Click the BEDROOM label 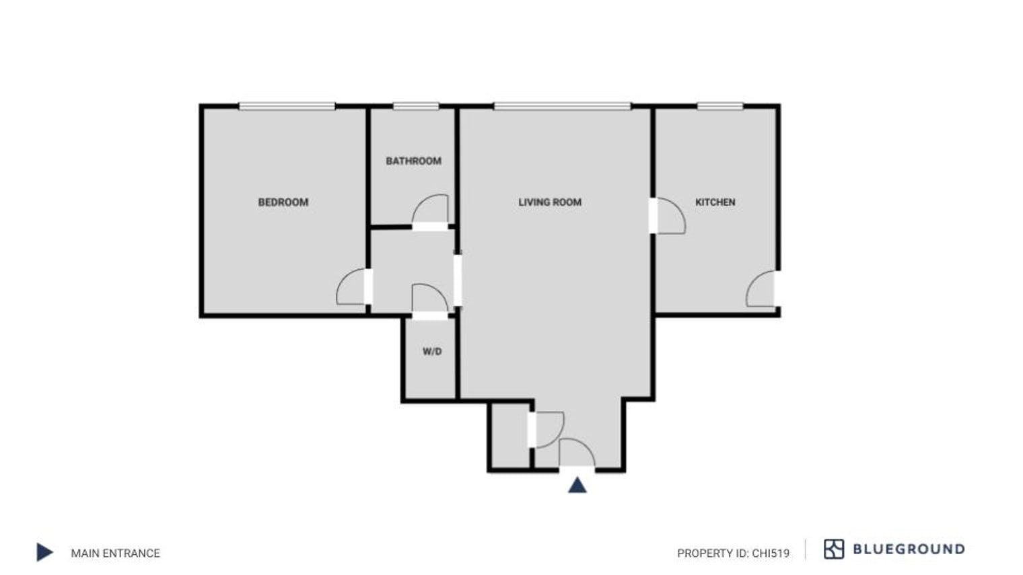tap(283, 202)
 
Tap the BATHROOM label tap(413, 161)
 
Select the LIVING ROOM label tap(549, 202)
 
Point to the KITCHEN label tap(715, 202)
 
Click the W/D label tap(432, 352)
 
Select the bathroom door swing tap(431, 209)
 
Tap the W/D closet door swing tap(429, 299)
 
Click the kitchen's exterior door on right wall tap(761, 289)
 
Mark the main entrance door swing tap(576, 453)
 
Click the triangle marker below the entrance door tap(577, 485)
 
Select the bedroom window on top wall tap(287, 106)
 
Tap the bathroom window tap(415, 106)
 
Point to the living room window tap(562, 106)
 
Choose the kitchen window tap(719, 106)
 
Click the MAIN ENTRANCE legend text tap(116, 553)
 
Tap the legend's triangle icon tap(44, 552)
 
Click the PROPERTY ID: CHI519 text tap(733, 553)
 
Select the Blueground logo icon tap(833, 549)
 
